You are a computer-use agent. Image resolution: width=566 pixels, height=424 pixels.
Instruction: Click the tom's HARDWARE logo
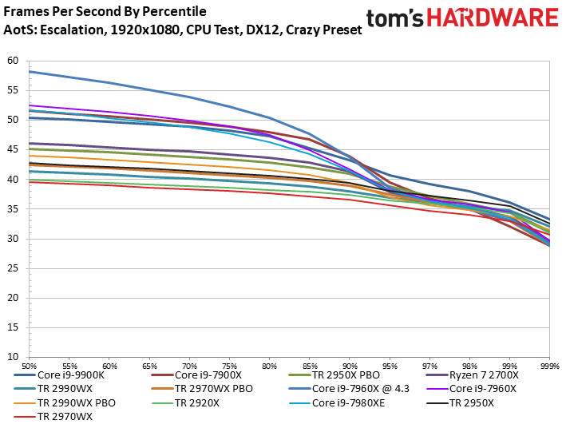click(462, 18)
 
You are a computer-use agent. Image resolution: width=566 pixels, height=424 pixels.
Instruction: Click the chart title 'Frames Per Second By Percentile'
click(105, 12)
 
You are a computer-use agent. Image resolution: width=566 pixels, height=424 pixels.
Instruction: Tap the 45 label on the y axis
click(12, 149)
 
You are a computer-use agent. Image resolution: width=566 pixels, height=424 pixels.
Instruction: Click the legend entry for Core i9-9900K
click(70, 374)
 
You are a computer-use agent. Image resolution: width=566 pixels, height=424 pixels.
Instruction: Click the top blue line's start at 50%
click(30, 72)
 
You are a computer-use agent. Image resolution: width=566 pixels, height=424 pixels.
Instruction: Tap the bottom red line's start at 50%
click(30, 182)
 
